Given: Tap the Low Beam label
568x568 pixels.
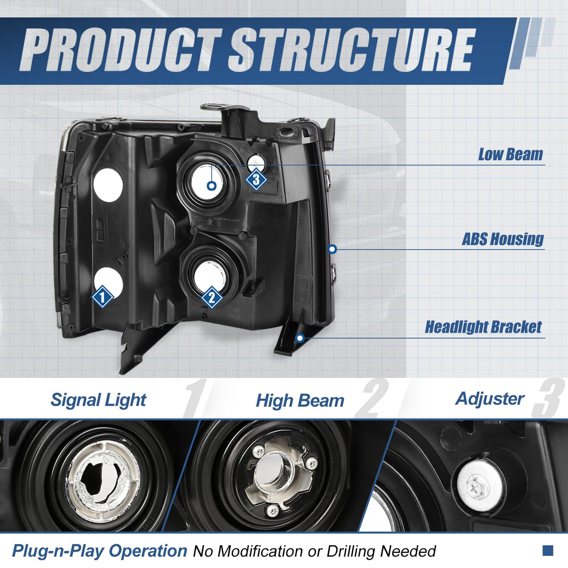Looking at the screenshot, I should [x=510, y=155].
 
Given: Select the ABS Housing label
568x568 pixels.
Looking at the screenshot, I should [x=503, y=239].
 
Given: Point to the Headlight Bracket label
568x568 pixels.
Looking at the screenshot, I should [x=483, y=327].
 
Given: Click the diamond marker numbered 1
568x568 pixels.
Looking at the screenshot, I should [x=102, y=297].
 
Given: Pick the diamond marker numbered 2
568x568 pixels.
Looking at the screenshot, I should [x=212, y=297].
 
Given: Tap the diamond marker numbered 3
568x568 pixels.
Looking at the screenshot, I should [x=256, y=180].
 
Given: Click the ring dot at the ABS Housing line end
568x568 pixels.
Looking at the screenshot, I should [x=332, y=249].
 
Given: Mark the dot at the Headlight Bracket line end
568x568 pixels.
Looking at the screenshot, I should [x=300, y=338].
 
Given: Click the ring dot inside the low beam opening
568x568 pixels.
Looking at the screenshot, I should [x=211, y=186].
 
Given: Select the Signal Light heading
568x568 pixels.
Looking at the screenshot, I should [x=98, y=400].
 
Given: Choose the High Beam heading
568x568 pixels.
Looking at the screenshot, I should [x=300, y=401].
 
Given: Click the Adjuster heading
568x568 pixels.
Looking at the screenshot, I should [x=490, y=399].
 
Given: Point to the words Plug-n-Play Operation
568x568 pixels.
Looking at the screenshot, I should [x=99, y=551].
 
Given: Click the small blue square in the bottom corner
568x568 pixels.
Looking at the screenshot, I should [x=548, y=551].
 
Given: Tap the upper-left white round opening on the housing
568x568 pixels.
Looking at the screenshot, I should [x=108, y=185].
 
